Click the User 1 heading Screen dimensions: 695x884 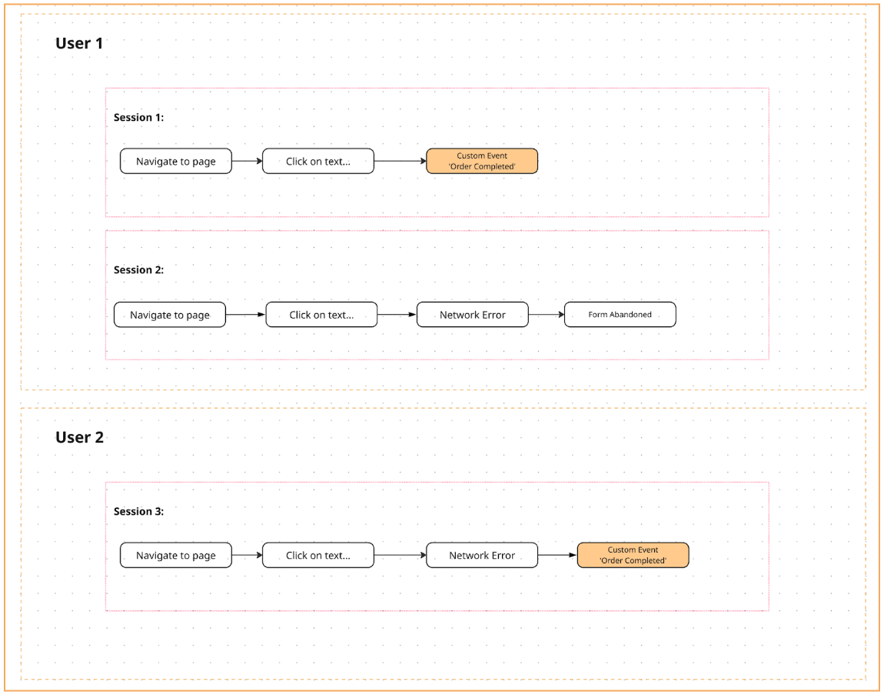79,43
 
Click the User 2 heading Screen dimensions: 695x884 79,437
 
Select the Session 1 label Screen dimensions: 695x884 138,118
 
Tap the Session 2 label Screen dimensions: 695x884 138,270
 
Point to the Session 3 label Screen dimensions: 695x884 138,511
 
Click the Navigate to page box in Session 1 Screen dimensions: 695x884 175,162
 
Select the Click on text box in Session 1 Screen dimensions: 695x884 317,162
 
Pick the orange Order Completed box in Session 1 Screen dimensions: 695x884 482,162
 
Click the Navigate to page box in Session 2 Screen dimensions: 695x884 170,315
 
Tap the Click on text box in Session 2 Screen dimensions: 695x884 321,315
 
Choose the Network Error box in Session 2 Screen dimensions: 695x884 472,315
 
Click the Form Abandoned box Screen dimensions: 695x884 620,315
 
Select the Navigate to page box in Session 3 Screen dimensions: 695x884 175,556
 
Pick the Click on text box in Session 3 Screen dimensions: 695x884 317,556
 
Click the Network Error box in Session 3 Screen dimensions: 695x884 482,556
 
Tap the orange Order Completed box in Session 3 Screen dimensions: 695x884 633,556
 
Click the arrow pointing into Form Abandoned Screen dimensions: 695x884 547,315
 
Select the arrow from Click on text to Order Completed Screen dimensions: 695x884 400,162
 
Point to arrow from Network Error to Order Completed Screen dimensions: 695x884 557,556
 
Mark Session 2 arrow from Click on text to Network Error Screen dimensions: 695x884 397,315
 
